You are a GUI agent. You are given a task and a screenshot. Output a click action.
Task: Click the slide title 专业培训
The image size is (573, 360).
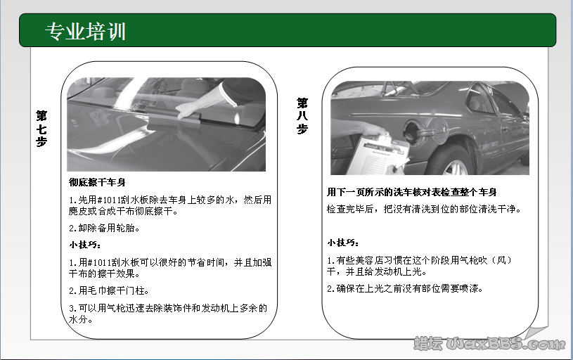[x=85, y=31]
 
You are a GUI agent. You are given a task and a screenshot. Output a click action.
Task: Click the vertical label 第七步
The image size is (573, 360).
[x=41, y=127]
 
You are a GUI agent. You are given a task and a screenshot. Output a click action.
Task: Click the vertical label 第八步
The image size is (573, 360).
[x=302, y=116]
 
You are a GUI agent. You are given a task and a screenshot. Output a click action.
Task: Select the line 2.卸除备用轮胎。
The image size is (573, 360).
[x=105, y=228]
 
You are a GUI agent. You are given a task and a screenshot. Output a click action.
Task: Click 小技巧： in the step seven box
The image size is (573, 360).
[x=85, y=245]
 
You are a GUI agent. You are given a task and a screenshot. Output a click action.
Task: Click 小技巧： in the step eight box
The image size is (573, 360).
[x=343, y=243]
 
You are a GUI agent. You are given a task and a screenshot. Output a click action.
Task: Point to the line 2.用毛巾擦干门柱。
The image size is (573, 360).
[x=110, y=290]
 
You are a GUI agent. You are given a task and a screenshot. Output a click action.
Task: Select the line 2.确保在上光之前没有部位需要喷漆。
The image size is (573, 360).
[x=415, y=289]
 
